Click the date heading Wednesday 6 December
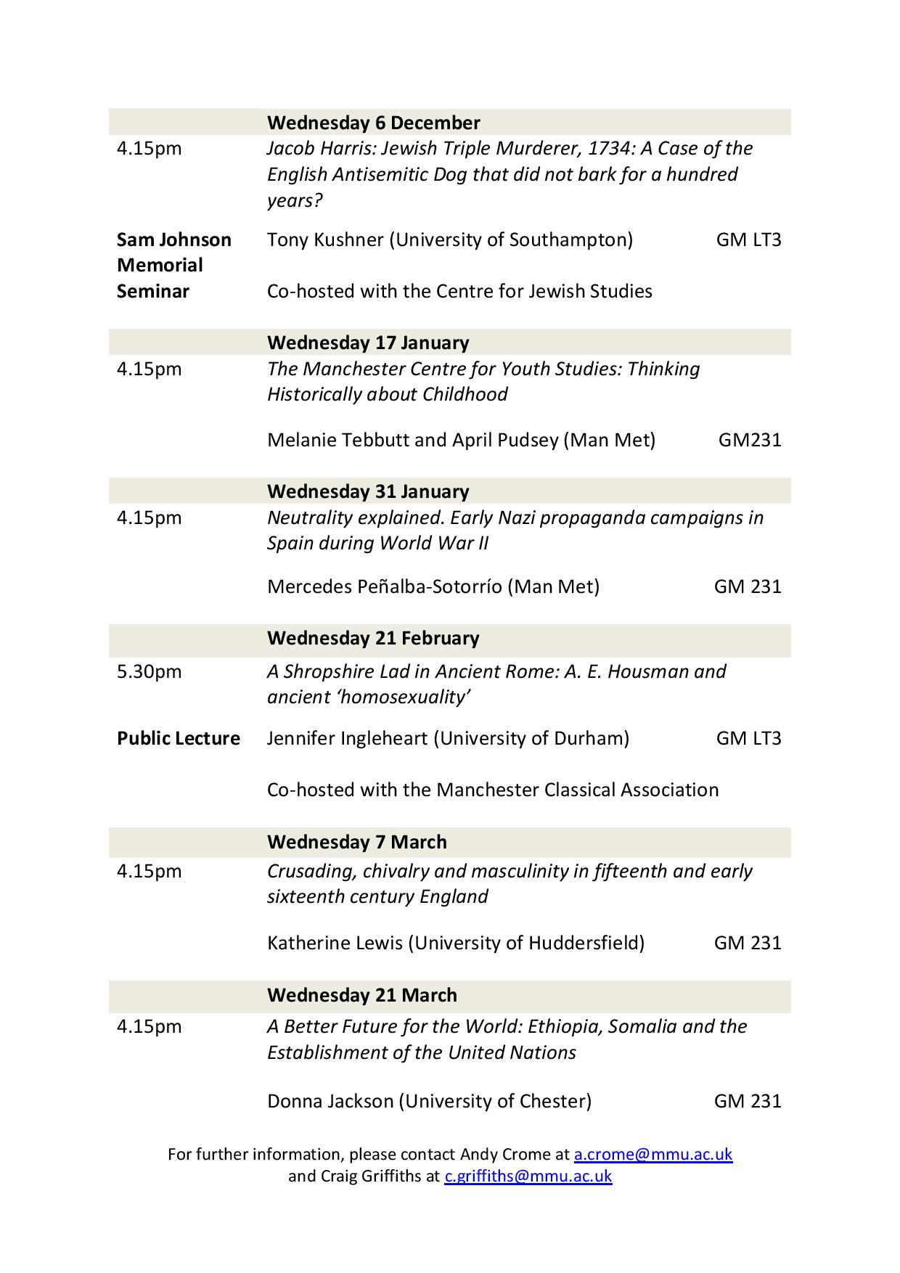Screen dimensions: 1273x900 pos(373,123)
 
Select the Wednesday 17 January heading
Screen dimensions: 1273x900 pos(367,343)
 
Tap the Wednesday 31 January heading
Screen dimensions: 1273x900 pos(367,491)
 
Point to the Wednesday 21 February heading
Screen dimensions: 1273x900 pos(373,638)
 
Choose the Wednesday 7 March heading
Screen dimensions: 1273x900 pos(356,842)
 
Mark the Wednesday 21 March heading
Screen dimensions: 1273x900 pos(361,995)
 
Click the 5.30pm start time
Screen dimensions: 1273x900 pos(149,671)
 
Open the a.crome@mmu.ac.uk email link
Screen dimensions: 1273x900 pos(652,1154)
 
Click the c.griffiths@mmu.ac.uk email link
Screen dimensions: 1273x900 pos(528,1176)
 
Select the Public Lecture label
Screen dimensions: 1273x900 pos(178,738)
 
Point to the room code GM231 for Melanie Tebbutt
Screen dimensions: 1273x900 pos(749,440)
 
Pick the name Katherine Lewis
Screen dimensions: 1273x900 pos(335,943)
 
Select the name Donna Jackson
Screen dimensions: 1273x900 pos(330,1101)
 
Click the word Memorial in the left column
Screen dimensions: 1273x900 pos(160,265)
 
